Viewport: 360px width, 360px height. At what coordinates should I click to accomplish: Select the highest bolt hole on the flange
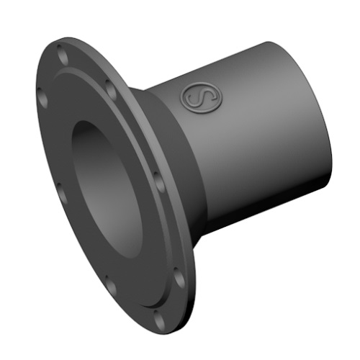point(60,52)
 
